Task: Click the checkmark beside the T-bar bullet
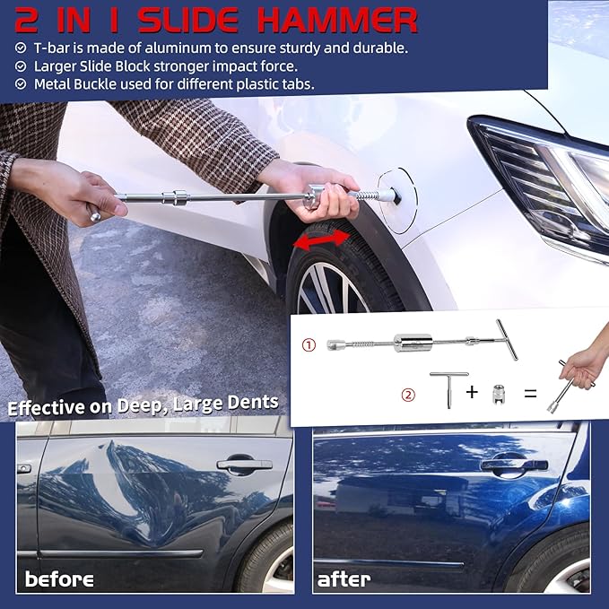22,48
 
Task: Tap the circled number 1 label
308,344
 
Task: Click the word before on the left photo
60,579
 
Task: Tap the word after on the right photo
344,579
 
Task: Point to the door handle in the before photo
243,465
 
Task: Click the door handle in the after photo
513,465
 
